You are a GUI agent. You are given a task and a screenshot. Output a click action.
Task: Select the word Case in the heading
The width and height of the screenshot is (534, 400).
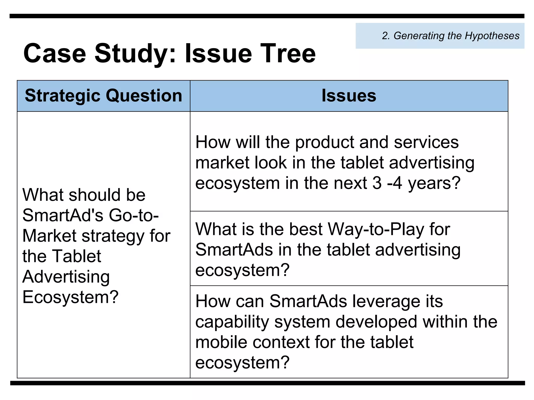click(55, 53)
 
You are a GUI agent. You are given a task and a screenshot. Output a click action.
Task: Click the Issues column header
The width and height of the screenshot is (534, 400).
click(349, 96)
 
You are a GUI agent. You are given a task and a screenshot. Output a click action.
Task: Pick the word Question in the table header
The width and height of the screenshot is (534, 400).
click(144, 96)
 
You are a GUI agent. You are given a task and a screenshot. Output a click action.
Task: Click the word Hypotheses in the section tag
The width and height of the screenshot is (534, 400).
click(492, 36)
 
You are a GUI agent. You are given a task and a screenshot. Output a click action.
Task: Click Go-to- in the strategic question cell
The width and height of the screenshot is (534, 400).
click(134, 216)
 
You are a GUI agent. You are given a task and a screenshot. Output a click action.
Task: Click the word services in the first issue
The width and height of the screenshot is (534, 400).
click(426, 142)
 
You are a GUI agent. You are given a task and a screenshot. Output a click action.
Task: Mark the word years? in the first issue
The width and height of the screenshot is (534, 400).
click(434, 183)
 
